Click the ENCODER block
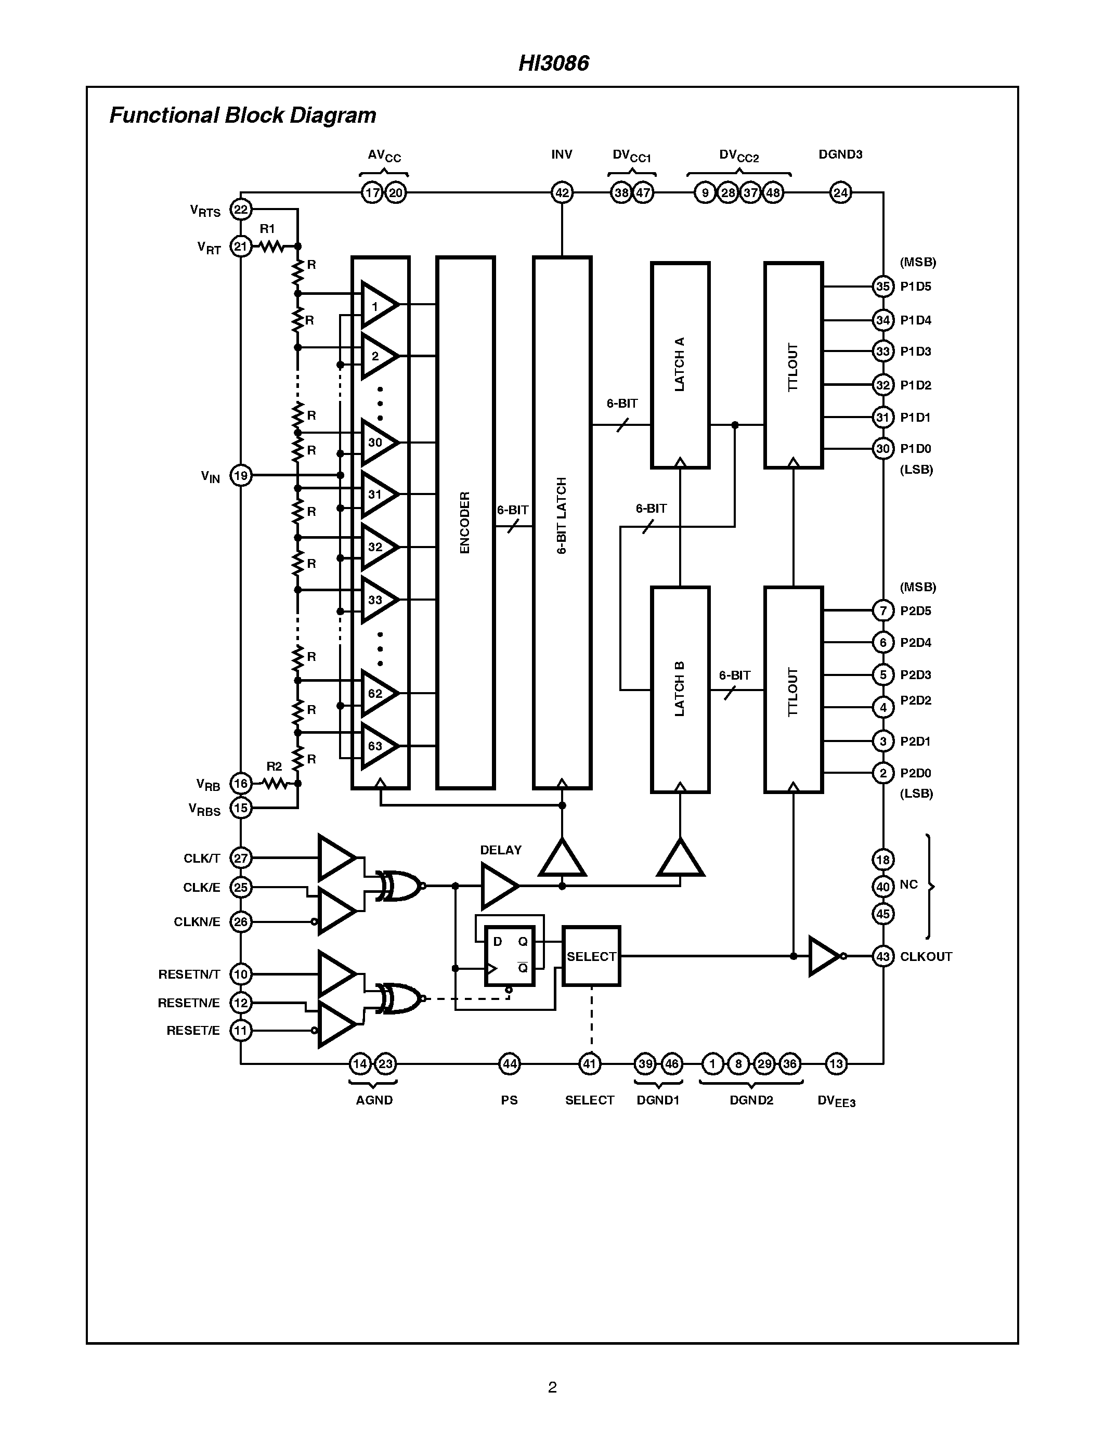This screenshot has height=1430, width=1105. point(465,523)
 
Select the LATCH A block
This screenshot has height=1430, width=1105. point(680,365)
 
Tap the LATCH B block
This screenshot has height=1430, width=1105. point(680,689)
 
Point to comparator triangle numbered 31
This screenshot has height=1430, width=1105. point(377,495)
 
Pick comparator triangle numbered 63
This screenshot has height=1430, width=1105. point(377,746)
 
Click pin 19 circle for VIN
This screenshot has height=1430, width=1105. point(241,475)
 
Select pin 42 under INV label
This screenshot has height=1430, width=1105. point(562,192)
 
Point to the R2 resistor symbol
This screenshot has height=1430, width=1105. point(275,783)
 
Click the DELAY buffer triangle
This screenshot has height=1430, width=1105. point(498,886)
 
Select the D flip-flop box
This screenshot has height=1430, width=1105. point(509,956)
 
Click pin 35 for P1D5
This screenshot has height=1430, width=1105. point(882,286)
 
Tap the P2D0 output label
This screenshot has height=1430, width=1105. point(915,773)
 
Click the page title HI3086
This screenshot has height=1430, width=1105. point(553,63)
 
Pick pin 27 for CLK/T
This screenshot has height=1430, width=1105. point(241,857)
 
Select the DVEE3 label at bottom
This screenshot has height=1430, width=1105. point(836,1101)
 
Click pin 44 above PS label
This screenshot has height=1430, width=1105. point(509,1063)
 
